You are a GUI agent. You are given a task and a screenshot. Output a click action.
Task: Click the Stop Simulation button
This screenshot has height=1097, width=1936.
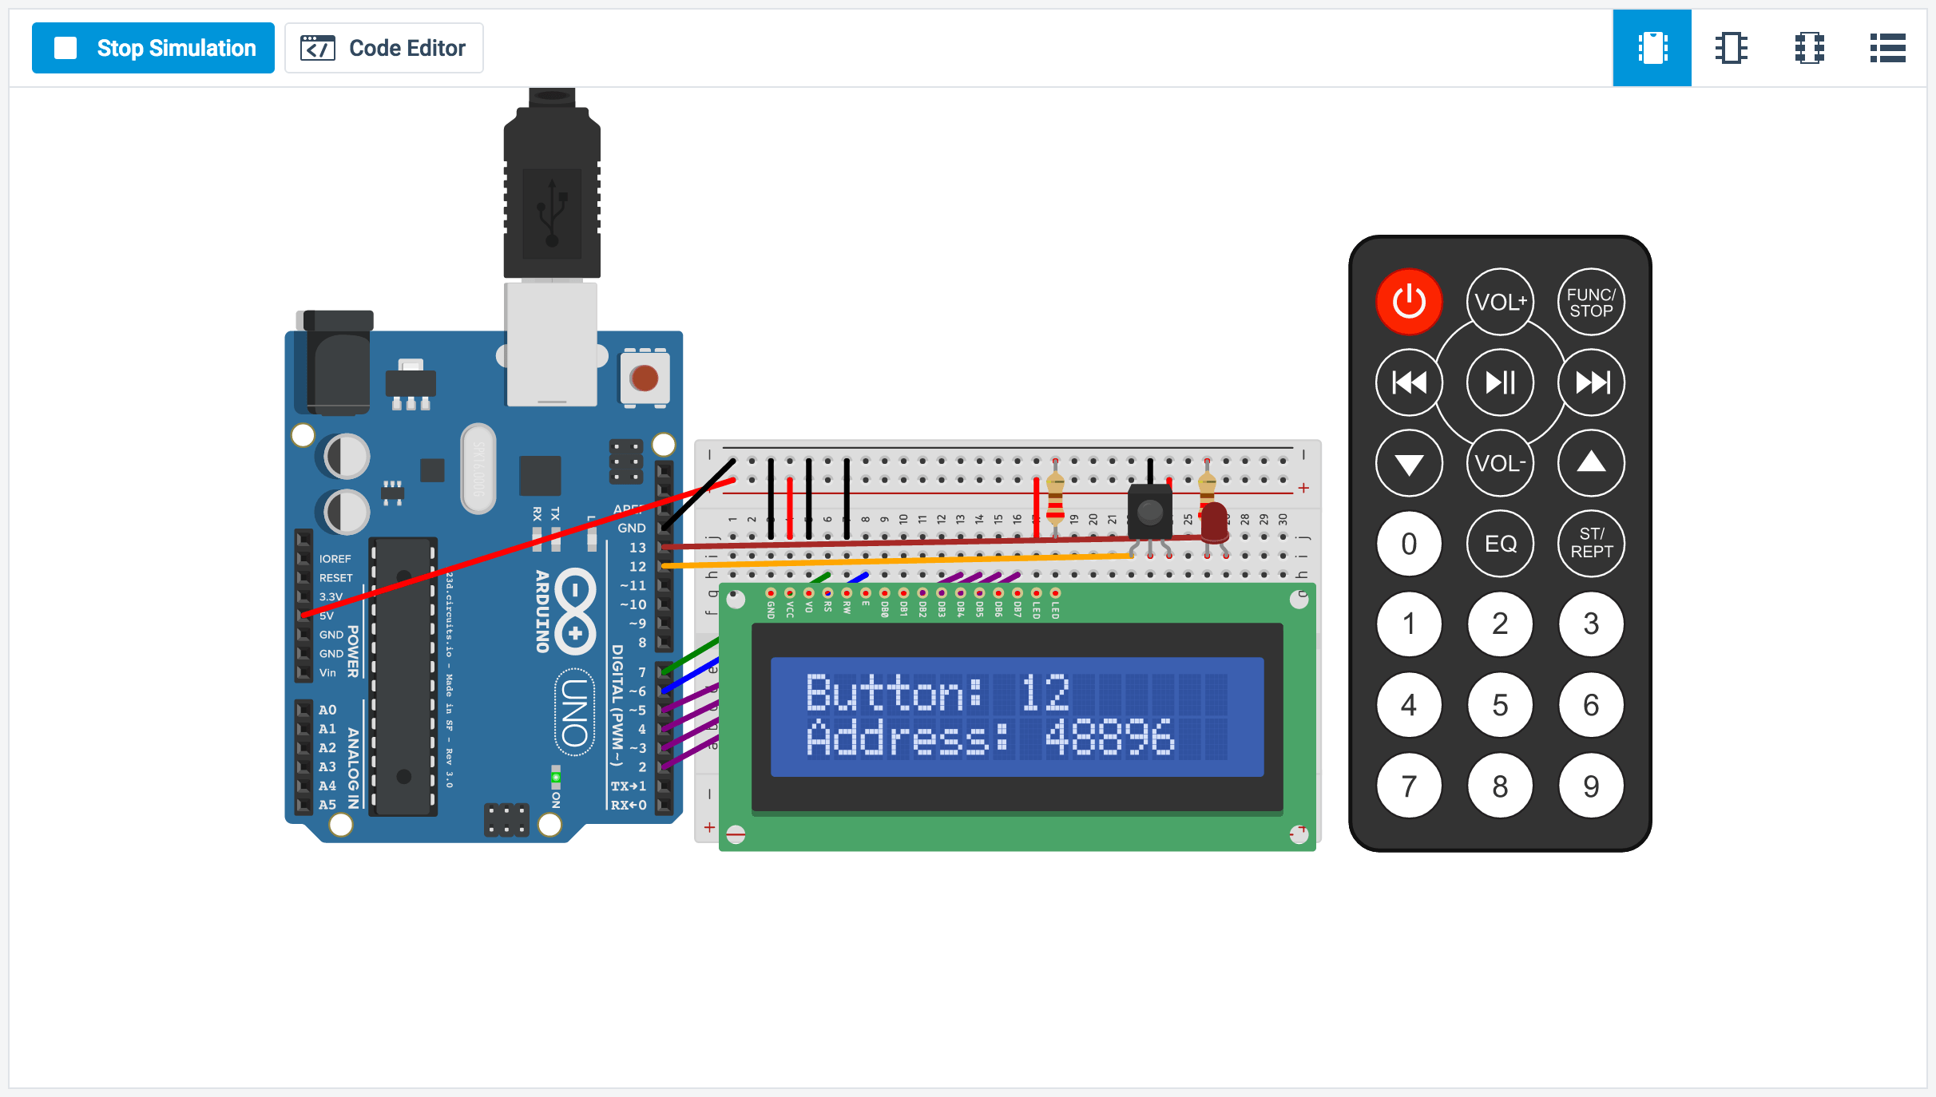[153, 48]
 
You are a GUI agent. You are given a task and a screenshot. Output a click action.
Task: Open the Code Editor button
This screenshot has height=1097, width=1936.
[384, 48]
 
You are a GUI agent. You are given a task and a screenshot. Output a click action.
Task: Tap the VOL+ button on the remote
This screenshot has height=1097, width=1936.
[1500, 303]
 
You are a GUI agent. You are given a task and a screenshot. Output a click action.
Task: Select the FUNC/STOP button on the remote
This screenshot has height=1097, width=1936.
[1591, 303]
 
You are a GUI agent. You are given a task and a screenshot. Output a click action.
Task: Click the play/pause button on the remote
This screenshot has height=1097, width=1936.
[1500, 383]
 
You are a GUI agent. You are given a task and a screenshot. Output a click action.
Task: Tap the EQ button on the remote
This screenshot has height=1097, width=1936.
[1500, 544]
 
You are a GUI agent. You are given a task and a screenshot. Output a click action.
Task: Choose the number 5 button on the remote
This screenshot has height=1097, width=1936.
[1500, 705]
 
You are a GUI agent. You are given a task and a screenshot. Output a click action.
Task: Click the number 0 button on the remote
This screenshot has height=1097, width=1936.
[1409, 544]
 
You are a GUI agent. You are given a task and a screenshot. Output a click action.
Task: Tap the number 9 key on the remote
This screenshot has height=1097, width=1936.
[1591, 786]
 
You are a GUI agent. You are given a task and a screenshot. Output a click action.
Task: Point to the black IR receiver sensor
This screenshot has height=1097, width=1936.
[1149, 512]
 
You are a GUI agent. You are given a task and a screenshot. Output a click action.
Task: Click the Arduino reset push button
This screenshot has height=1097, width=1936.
[644, 378]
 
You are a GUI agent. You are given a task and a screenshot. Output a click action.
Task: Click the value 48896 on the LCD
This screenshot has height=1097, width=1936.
[1109, 737]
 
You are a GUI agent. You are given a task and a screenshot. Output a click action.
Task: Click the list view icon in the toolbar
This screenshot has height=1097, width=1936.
[1887, 48]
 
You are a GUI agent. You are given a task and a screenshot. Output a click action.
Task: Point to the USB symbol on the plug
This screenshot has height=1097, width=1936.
[552, 212]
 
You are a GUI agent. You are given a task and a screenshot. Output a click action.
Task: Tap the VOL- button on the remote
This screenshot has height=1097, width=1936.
[1500, 464]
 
